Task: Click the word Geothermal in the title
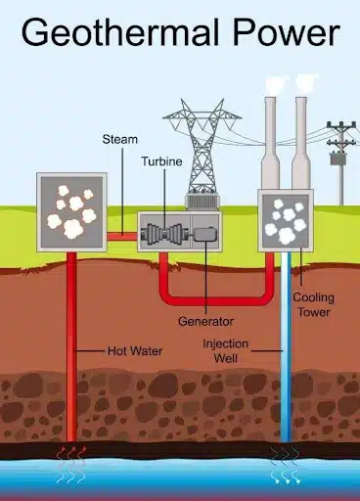(x=119, y=33)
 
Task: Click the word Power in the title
(x=287, y=32)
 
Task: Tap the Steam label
(x=120, y=139)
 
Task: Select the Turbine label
(x=161, y=161)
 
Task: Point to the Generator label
(x=205, y=321)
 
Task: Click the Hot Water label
(x=135, y=351)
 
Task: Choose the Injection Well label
(x=225, y=351)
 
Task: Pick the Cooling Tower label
(x=313, y=304)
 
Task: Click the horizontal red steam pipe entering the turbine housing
(x=122, y=236)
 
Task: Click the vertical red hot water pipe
(x=71, y=345)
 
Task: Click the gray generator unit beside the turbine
(x=204, y=234)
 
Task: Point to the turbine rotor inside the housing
(x=164, y=234)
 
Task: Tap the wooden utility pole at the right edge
(x=341, y=162)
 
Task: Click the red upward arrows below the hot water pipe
(x=71, y=464)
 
